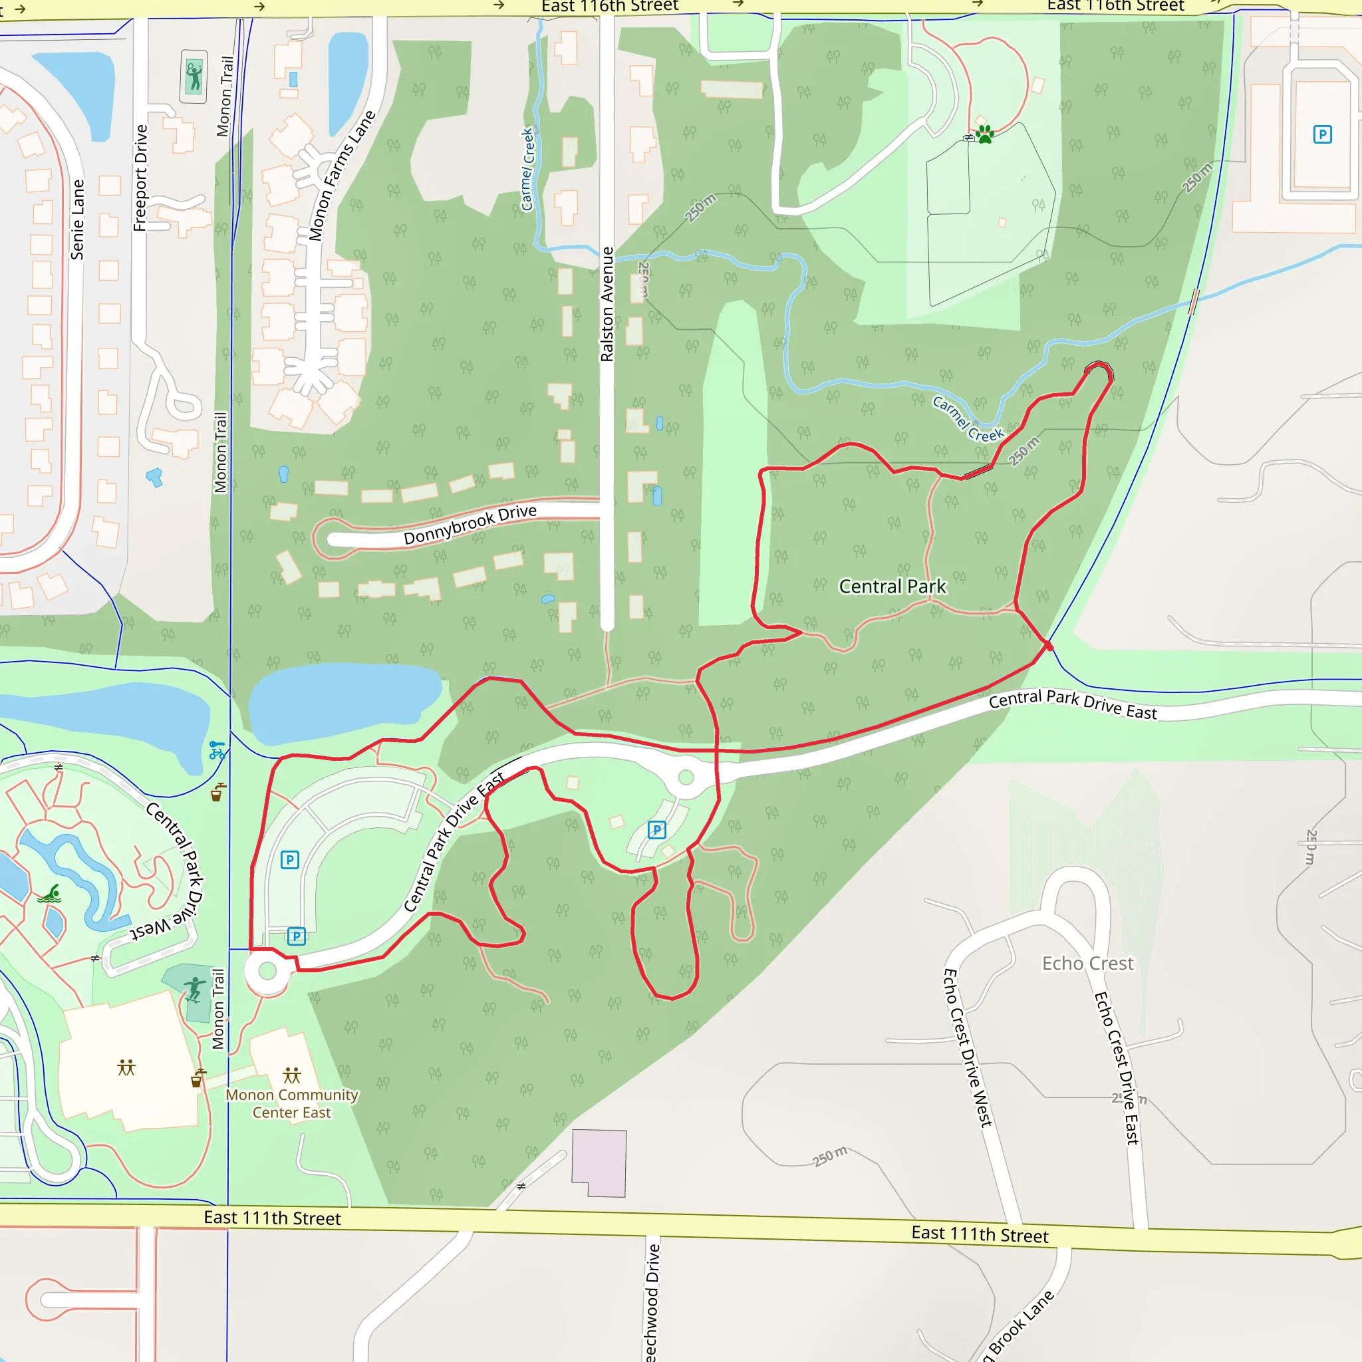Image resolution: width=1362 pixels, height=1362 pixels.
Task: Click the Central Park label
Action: tap(892, 587)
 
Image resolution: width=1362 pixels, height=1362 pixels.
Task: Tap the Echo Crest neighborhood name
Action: tap(1088, 963)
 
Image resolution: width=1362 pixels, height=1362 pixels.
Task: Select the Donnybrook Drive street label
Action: tap(470, 525)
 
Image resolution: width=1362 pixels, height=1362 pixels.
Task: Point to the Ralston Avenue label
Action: tap(607, 305)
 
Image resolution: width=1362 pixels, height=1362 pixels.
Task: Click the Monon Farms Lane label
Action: tap(342, 176)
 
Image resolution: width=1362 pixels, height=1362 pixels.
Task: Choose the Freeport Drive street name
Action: tap(140, 178)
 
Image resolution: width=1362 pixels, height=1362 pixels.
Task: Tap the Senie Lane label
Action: tap(77, 219)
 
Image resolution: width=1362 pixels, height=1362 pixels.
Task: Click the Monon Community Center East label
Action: tap(292, 1103)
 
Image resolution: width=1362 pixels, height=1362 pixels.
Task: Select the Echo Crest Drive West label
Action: tap(968, 1047)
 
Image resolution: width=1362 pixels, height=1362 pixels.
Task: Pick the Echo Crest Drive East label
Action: tap(1117, 1068)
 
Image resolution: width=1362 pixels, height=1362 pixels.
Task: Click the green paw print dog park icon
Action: tap(985, 134)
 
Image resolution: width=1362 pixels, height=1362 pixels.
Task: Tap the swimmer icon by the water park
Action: tap(49, 894)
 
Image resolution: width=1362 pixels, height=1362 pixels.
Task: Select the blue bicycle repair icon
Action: tap(217, 750)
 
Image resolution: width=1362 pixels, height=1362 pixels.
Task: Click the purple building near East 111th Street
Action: tap(599, 1162)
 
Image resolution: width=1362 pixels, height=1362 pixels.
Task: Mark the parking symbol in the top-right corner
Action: tap(1323, 134)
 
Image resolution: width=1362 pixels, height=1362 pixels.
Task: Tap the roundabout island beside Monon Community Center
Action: tap(268, 971)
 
